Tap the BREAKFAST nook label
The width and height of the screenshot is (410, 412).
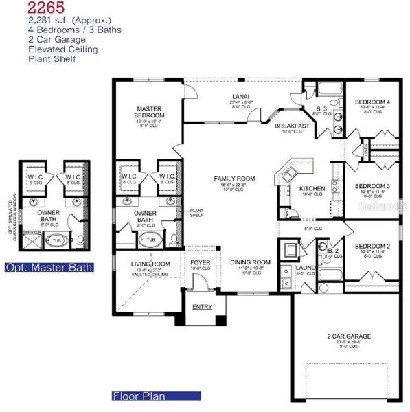292,126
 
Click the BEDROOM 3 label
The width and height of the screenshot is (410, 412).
372,186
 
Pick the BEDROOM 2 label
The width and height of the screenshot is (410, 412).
372,245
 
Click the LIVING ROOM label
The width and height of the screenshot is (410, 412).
150,264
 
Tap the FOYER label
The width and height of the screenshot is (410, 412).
201,262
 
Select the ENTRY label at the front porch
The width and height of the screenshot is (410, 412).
202,306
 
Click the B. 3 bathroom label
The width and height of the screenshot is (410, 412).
321,108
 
